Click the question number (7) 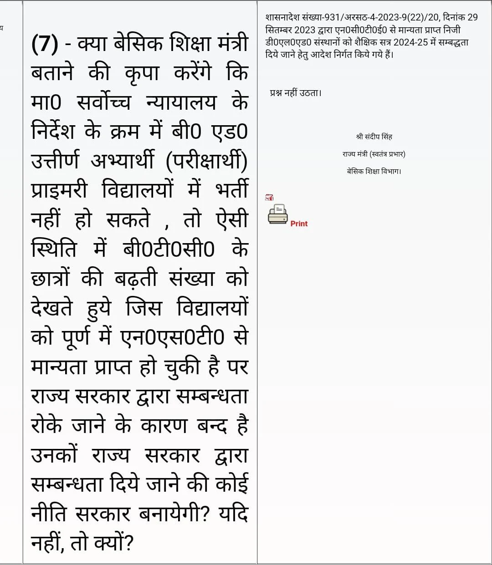[x=45, y=45]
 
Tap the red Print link [x=299, y=224]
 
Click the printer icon [x=277, y=214]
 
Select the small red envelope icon [x=269, y=197]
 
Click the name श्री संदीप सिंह [x=374, y=137]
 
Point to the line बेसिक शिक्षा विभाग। [x=374, y=171]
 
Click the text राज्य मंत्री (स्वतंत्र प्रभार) [x=374, y=154]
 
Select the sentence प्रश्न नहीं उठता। [x=296, y=93]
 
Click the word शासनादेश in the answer [x=279, y=18]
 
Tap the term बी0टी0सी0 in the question [x=168, y=249]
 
